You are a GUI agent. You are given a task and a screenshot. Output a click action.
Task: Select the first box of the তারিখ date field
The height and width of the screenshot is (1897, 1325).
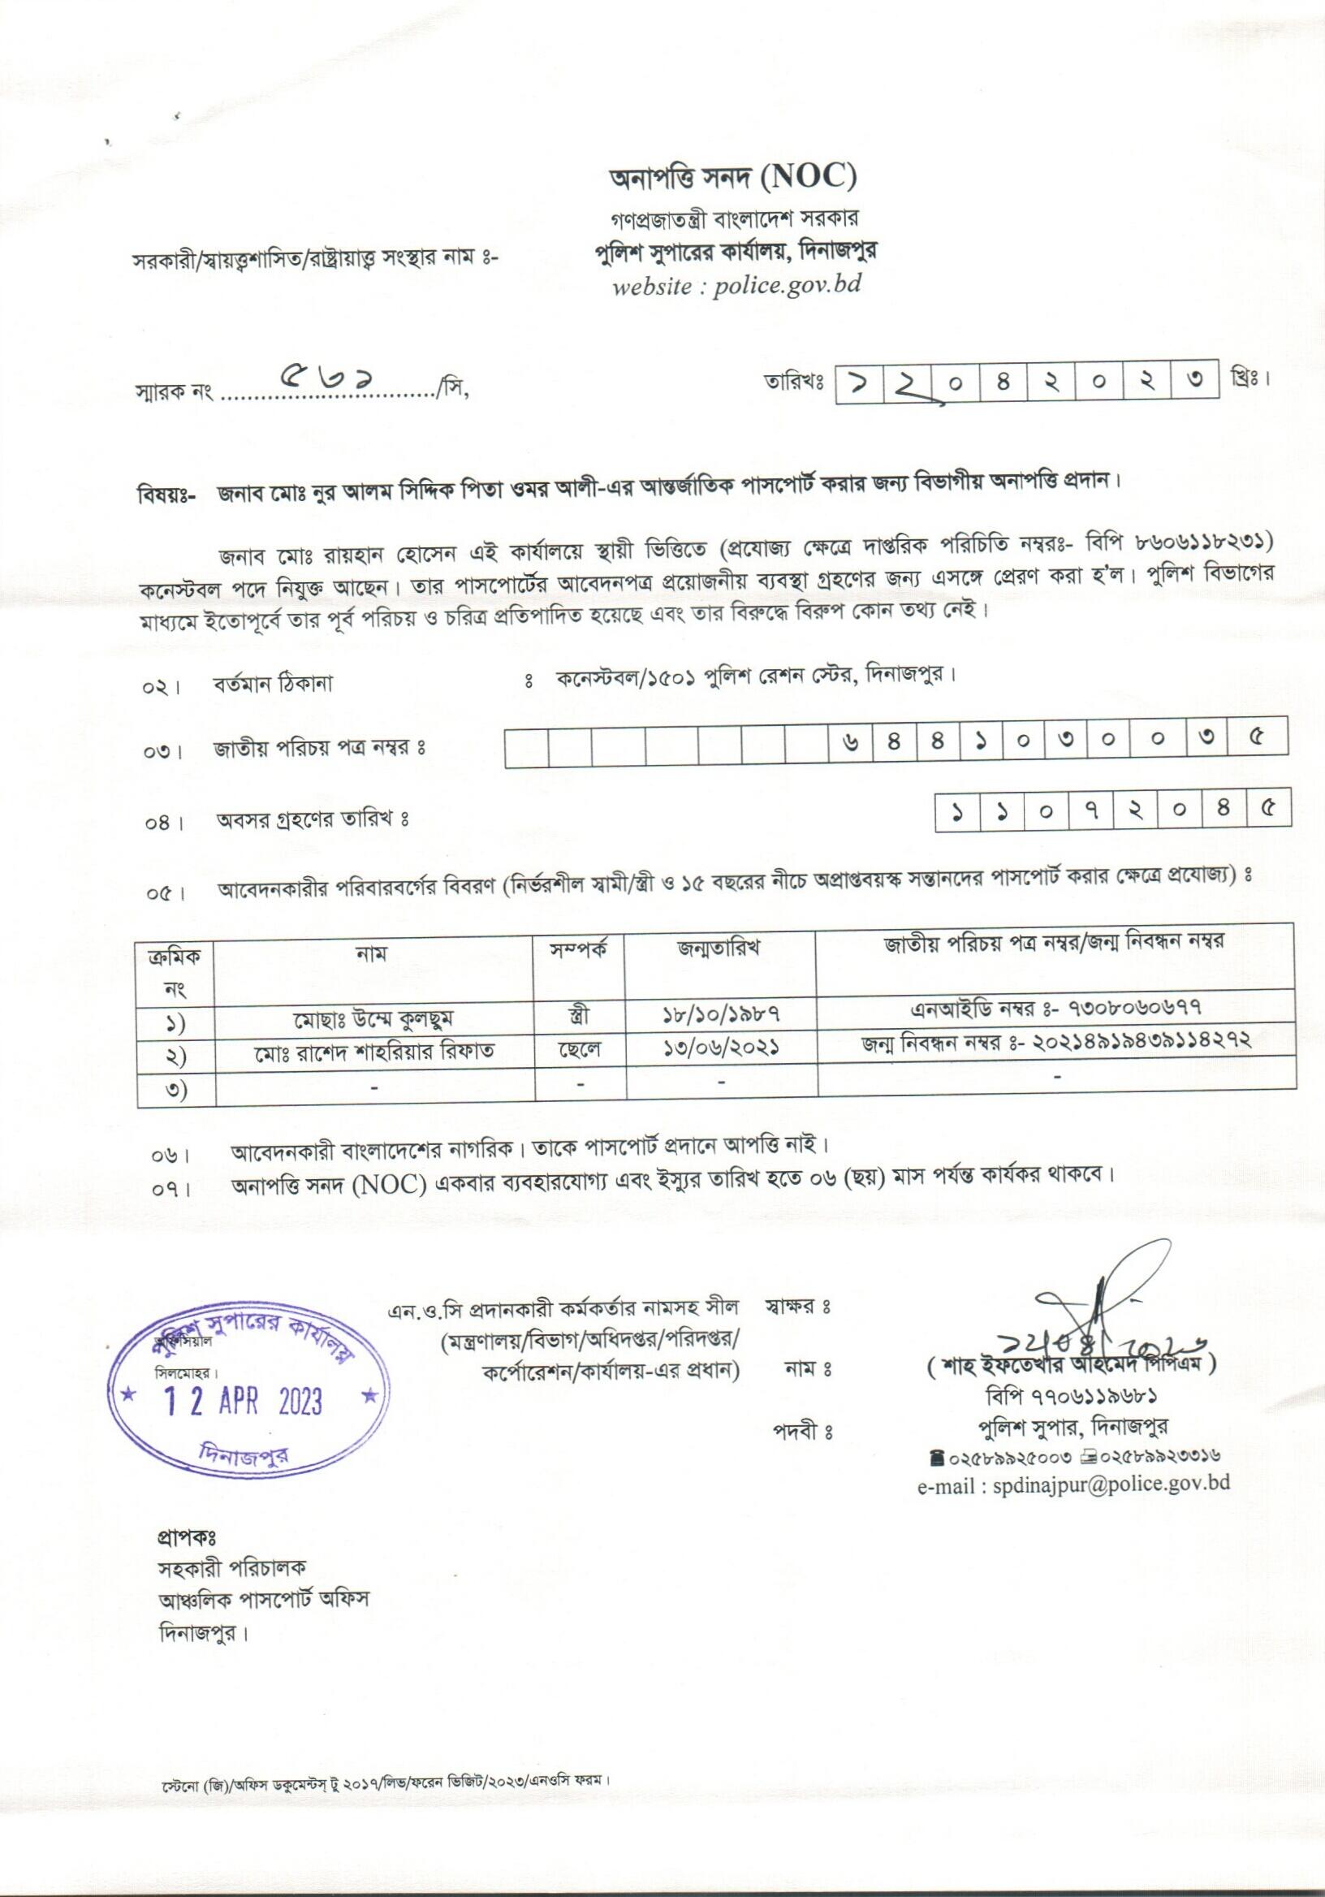click(858, 383)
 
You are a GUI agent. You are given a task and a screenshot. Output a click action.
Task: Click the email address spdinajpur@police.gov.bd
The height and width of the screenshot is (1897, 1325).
click(1073, 1482)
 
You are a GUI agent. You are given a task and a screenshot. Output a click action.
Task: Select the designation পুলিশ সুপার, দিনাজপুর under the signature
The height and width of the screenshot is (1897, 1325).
click(1072, 1425)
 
